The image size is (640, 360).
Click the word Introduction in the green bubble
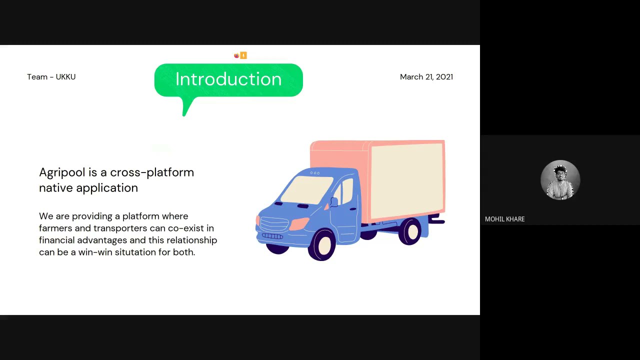(x=228, y=79)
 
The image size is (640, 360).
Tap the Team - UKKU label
(x=51, y=77)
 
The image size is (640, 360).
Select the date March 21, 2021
(x=426, y=77)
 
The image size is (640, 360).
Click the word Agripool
(x=62, y=173)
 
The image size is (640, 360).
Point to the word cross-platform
(x=152, y=173)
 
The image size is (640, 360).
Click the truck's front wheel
(x=322, y=244)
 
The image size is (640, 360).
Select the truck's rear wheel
(x=410, y=231)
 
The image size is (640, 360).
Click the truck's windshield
(x=306, y=189)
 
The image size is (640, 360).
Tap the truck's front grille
(x=274, y=224)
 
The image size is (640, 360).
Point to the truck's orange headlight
(x=299, y=223)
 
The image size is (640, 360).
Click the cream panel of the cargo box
(x=406, y=181)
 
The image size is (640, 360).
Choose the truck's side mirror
(x=333, y=202)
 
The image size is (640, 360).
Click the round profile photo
(x=560, y=180)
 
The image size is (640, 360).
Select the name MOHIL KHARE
(x=505, y=219)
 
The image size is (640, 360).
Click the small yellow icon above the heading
(x=243, y=55)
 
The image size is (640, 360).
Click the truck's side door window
(x=347, y=191)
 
